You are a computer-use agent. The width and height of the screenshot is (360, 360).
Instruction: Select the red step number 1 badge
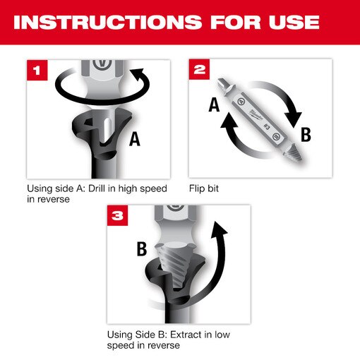click(x=37, y=70)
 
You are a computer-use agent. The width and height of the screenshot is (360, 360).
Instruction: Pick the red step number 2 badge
click(x=199, y=70)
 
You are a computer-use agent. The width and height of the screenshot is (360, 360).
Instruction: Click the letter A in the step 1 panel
click(x=134, y=139)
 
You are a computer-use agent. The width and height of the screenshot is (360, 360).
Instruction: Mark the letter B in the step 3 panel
click(x=141, y=248)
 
